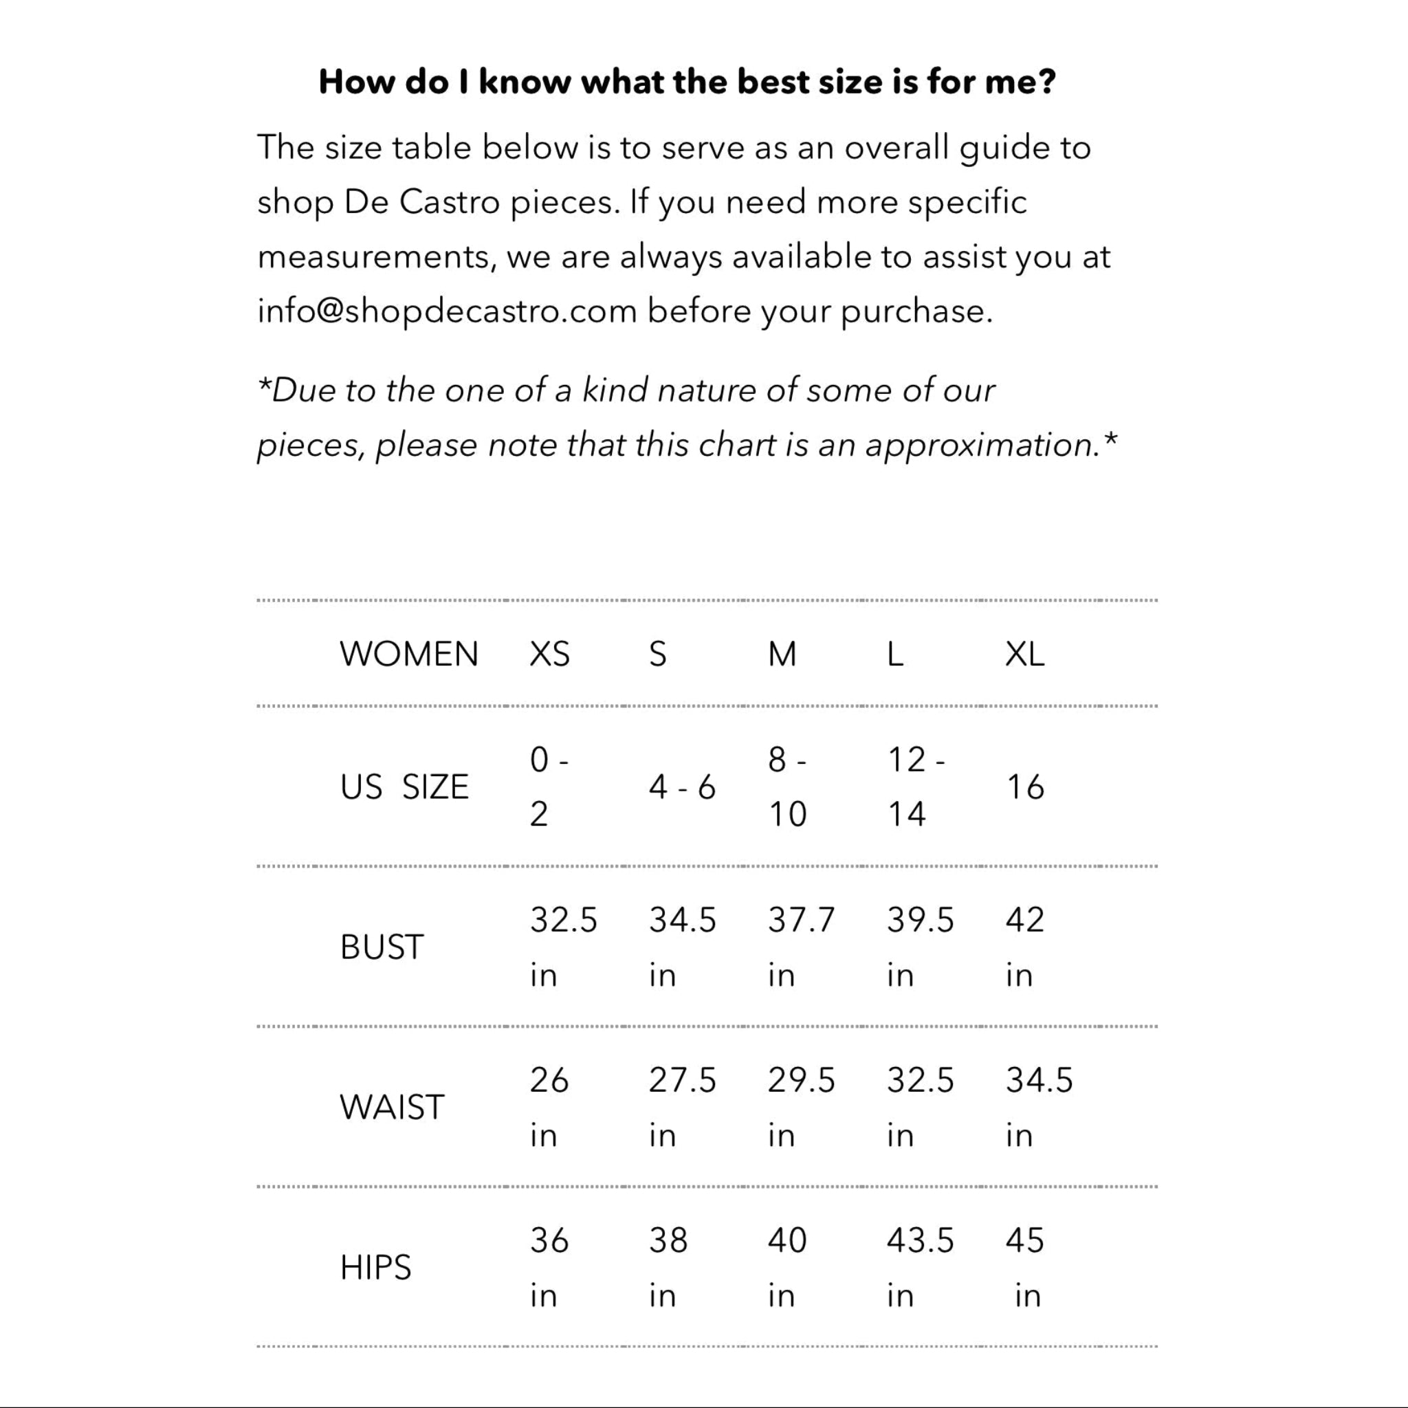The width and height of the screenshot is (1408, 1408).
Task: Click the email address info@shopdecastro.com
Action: coord(447,311)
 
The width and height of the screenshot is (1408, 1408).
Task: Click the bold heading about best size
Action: coord(687,82)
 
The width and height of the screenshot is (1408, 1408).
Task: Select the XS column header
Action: coord(549,654)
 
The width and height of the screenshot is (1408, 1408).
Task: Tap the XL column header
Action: coord(1024,654)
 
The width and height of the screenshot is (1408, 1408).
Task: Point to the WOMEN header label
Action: coord(409,654)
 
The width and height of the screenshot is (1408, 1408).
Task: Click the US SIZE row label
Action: coord(404,787)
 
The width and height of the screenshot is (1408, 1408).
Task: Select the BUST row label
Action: coord(381,947)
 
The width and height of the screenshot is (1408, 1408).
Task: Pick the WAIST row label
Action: coord(391,1107)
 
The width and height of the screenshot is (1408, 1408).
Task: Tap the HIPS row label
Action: coord(375,1267)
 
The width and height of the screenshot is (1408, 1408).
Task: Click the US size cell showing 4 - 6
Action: coord(682,787)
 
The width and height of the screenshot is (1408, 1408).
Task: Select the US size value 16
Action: coord(1024,787)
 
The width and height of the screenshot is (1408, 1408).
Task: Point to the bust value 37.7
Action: coord(801,920)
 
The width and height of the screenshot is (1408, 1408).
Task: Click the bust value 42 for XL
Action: coord(1024,920)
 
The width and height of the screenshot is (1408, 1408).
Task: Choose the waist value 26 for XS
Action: coord(549,1080)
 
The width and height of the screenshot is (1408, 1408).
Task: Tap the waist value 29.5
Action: coord(801,1080)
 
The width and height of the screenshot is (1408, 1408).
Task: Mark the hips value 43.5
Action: coord(920,1240)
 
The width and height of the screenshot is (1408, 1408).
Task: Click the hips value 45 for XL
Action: coord(1024,1240)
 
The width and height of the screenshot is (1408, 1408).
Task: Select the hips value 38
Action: coord(668,1240)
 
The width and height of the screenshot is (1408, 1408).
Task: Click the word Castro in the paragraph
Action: coord(449,202)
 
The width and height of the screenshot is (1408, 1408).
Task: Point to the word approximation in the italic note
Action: coord(982,445)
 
